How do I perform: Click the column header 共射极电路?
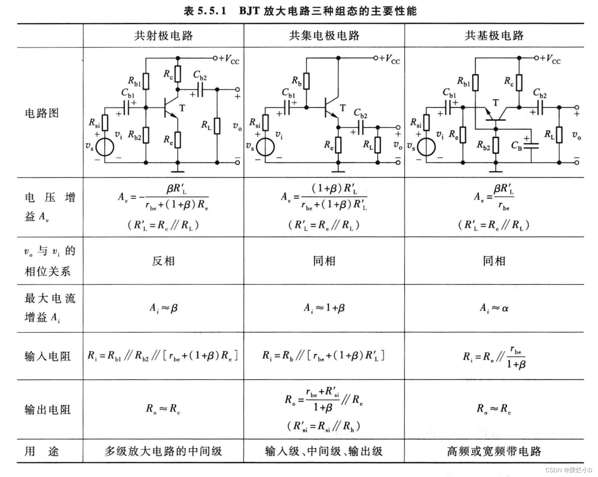point(163,36)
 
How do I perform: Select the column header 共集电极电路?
point(324,36)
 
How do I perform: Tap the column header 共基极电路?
point(494,36)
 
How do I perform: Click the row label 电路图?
point(42,113)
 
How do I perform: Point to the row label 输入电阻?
point(47,356)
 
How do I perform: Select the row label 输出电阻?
point(47,410)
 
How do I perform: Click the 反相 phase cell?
point(163,261)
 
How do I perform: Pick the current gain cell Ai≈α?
point(494,308)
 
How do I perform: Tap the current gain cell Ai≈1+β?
point(324,308)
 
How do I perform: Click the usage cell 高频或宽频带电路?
point(494,451)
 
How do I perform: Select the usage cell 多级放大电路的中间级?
point(163,451)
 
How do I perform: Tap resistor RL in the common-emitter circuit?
point(217,126)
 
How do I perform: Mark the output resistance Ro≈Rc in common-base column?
point(494,409)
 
